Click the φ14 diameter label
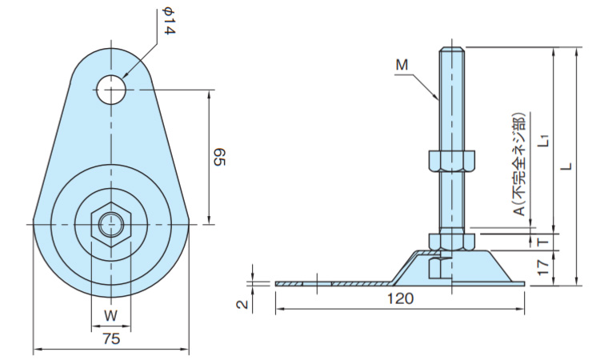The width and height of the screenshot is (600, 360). click(168, 22)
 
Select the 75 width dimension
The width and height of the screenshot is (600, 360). click(112, 338)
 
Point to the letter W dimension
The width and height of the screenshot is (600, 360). click(110, 315)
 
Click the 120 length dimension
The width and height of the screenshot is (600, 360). click(400, 300)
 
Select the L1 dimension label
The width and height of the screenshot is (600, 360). click(543, 138)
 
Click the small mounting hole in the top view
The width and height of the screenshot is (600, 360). click(113, 90)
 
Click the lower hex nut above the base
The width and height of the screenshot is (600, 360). click(451, 239)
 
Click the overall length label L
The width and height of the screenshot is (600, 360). click(566, 166)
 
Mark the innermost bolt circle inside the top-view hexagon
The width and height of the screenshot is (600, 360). click(110, 226)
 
